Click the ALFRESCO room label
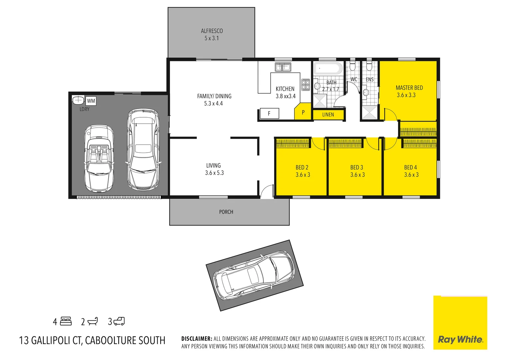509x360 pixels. pyautogui.click(x=212, y=31)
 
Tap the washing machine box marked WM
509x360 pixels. pyautogui.click(x=91, y=101)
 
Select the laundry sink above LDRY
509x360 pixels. pyautogui.click(x=78, y=100)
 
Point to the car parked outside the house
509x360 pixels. pyautogui.click(x=254, y=275)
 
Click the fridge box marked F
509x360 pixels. pyautogui.click(x=269, y=114)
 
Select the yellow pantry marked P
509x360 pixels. pyautogui.click(x=303, y=112)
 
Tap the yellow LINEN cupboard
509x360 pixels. pyautogui.click(x=328, y=115)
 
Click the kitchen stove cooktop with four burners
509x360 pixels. pyautogui.click(x=305, y=85)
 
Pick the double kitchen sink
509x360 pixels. pyautogui.click(x=283, y=67)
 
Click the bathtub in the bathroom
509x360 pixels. pyautogui.click(x=328, y=68)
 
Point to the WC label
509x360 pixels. pyautogui.click(x=354, y=79)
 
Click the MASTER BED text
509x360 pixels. pyautogui.click(x=409, y=88)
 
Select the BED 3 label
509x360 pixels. pyautogui.click(x=357, y=167)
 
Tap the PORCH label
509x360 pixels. pyautogui.click(x=226, y=212)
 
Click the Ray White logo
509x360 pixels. pyautogui.click(x=460, y=339)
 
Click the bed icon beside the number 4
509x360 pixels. pyautogui.click(x=66, y=321)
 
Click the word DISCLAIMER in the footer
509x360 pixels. pyautogui.click(x=197, y=339)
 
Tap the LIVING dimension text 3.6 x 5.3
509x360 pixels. pyautogui.click(x=214, y=173)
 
